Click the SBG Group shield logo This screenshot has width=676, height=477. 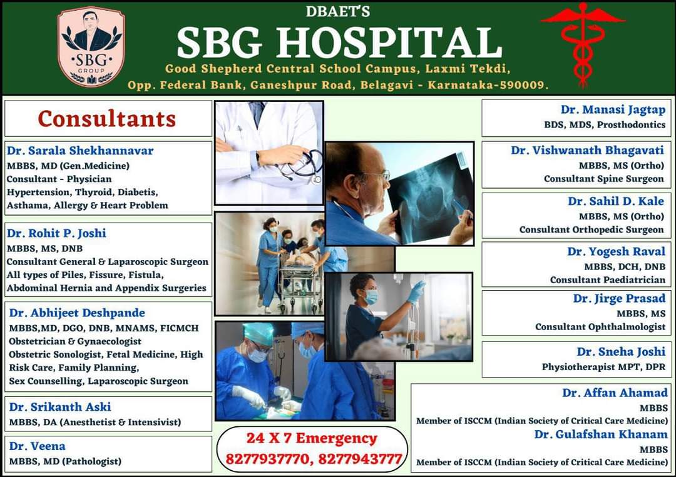pos(91,46)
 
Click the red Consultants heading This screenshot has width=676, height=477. pos(107,119)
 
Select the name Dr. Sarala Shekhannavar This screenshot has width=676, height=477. pos(80,151)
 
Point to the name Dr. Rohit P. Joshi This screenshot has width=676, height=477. pos(56,233)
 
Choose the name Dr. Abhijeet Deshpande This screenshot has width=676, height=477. pos(77,313)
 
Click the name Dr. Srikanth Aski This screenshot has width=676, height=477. pos(60,407)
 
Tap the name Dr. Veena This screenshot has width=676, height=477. pos(38,446)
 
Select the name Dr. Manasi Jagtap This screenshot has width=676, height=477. pos(613,110)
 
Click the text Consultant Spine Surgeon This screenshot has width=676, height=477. pos(603,179)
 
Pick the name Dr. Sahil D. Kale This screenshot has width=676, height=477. pos(616,201)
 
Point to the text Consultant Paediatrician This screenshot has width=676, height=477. pos(607,280)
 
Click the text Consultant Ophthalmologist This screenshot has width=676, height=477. pos(600,327)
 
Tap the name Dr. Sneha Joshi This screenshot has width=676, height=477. pos(621,352)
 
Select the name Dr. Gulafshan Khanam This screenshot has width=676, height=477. pos(601,434)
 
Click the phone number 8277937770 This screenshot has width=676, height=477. pos(267,459)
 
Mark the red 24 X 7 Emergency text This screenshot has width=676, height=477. pos(312,438)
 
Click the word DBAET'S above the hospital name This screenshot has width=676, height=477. pos(337,11)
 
